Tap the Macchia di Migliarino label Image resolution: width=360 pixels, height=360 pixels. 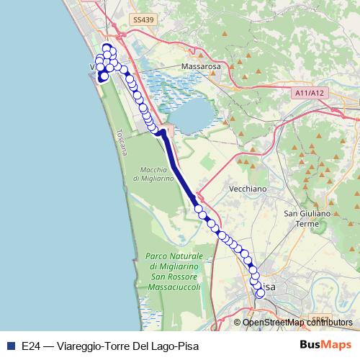(154, 174)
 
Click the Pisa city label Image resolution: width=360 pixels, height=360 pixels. (266, 287)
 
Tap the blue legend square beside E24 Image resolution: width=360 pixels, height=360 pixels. (10, 345)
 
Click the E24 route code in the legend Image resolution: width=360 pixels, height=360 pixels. (31, 345)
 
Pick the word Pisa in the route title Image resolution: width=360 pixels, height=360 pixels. (184, 345)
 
